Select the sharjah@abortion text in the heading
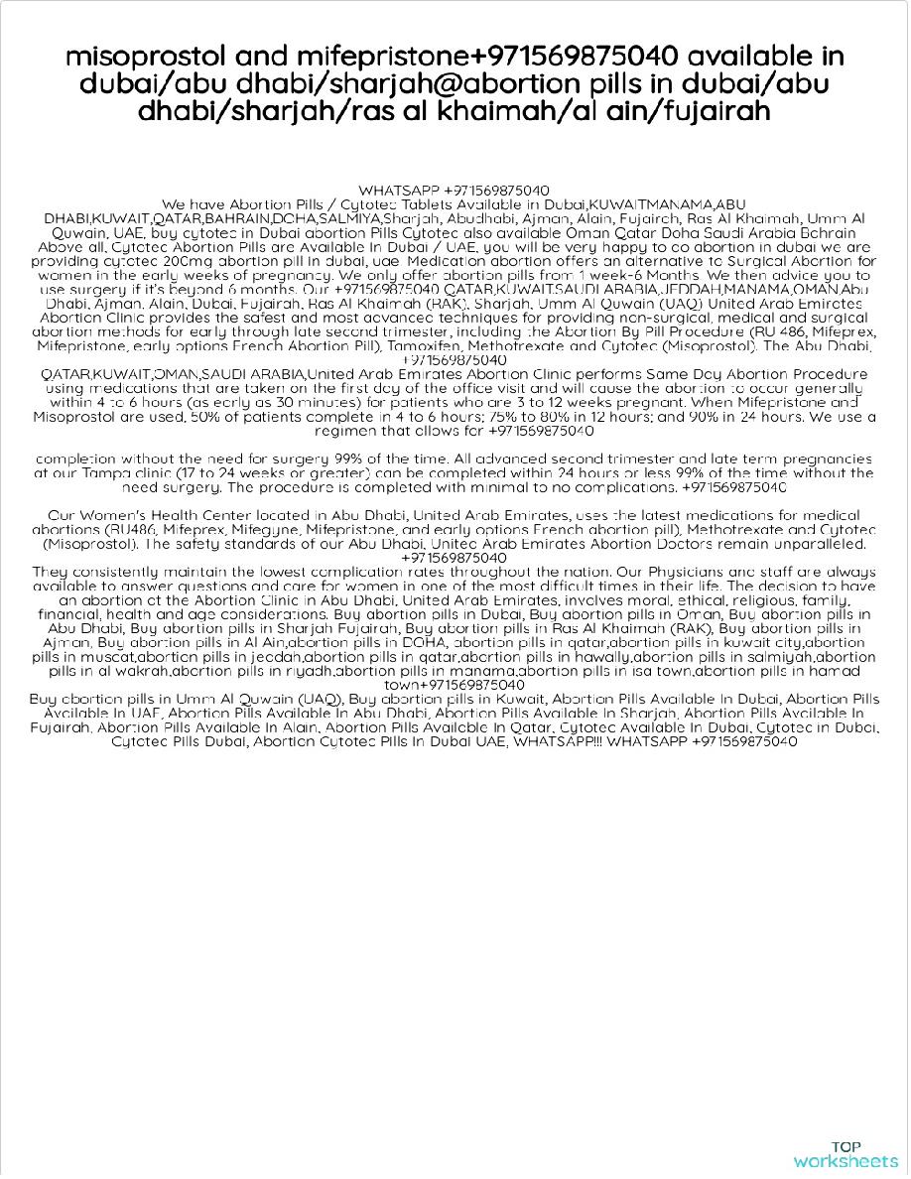pos(374,83)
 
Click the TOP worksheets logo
pos(846,1154)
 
